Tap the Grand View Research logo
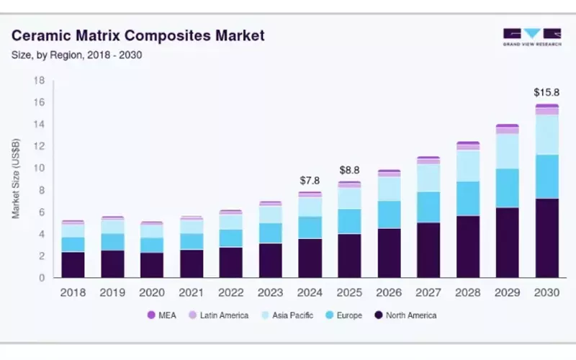point(531,37)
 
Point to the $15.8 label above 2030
point(546,93)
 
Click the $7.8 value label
point(310,180)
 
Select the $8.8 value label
point(349,171)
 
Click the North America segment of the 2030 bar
point(546,238)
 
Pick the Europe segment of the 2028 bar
point(468,198)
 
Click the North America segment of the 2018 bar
point(73,264)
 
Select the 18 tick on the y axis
point(40,80)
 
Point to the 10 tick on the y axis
point(40,168)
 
